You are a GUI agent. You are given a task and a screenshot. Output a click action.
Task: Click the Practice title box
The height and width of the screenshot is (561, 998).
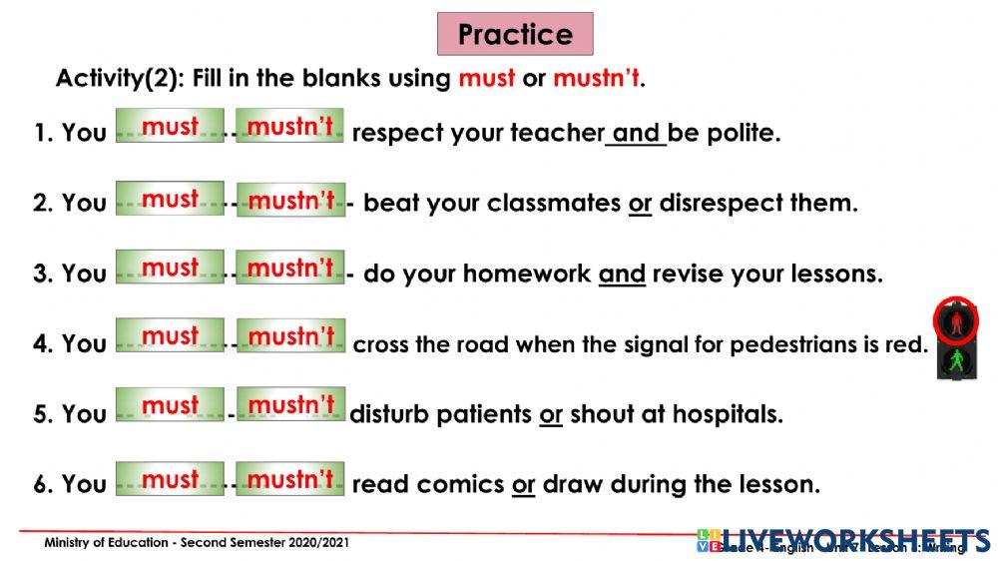point(515,34)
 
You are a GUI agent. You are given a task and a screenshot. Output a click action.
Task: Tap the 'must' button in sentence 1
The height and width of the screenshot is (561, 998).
point(170,127)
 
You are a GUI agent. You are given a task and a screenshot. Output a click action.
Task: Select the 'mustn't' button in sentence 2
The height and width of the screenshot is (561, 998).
point(290,200)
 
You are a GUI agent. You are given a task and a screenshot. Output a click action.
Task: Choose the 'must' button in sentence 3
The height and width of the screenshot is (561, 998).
point(170,268)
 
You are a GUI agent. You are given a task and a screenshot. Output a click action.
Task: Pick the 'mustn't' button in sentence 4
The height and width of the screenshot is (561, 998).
point(290,336)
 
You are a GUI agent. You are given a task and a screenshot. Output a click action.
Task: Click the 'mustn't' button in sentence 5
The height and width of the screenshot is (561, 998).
point(290,404)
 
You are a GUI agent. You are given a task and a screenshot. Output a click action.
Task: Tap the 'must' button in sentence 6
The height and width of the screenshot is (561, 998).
point(170,479)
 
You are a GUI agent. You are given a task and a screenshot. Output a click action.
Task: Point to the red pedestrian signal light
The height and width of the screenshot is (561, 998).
point(956,320)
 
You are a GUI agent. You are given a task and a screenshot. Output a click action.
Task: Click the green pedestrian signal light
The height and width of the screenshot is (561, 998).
point(956,359)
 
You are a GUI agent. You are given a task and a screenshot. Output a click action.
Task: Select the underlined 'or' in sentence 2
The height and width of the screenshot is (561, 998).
point(640,204)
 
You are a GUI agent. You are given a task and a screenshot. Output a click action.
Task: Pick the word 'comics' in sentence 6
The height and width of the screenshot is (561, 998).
point(460,485)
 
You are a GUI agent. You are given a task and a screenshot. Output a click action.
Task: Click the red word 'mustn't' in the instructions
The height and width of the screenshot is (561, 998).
point(596,78)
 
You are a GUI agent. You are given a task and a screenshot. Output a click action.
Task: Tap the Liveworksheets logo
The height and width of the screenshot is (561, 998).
point(842,540)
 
